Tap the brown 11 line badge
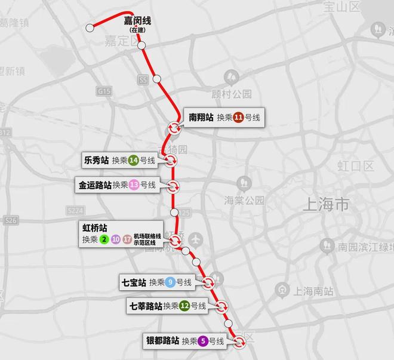239,118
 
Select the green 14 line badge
134,160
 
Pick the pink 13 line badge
134,185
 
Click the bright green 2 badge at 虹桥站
104,240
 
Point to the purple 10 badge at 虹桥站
115,240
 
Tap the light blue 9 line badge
170,282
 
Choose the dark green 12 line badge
185,306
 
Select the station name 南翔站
201,118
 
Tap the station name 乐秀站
96,160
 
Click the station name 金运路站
95,185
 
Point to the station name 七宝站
134,282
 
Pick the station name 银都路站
162,341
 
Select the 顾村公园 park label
232,94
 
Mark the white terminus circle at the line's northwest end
90,27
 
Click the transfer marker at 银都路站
239,342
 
